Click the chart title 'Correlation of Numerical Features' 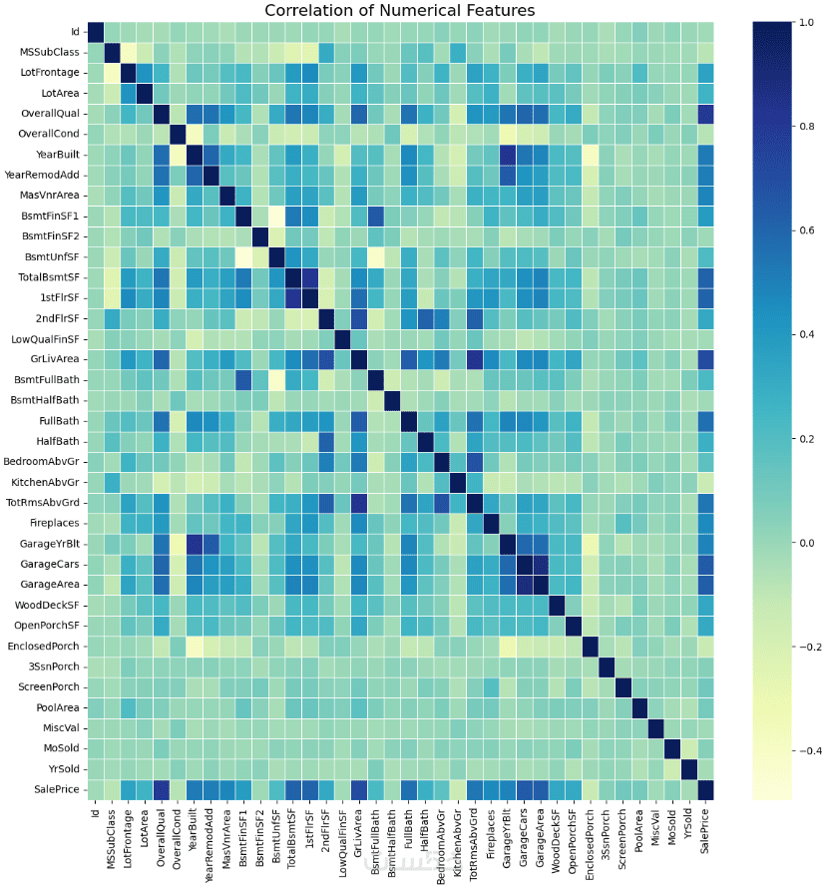click(x=399, y=10)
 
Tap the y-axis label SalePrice click(x=54, y=789)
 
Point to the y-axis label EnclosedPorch click(x=43, y=645)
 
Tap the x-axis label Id click(x=97, y=812)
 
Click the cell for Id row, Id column click(x=97, y=32)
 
